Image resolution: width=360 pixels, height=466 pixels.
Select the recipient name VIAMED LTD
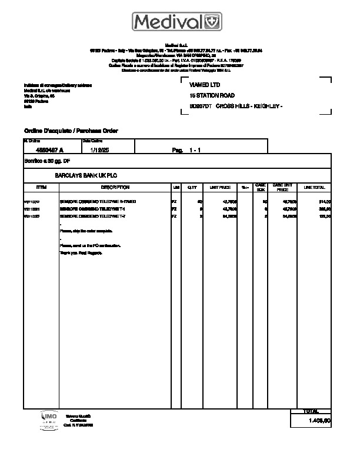(205, 85)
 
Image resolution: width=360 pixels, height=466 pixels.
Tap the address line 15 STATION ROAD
(212, 95)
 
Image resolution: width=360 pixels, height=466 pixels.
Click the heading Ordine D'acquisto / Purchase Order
(71, 130)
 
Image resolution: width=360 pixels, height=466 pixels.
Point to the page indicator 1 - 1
(195, 151)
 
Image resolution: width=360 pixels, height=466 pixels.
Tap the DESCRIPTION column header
(115, 187)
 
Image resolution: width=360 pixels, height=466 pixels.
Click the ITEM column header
(41, 187)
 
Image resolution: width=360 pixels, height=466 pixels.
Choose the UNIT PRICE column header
(220, 187)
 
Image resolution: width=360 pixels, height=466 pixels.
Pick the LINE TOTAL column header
(314, 187)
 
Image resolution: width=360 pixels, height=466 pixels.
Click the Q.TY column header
(192, 187)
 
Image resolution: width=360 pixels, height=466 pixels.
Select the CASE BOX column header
(261, 187)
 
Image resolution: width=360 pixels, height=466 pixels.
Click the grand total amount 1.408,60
(321, 421)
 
